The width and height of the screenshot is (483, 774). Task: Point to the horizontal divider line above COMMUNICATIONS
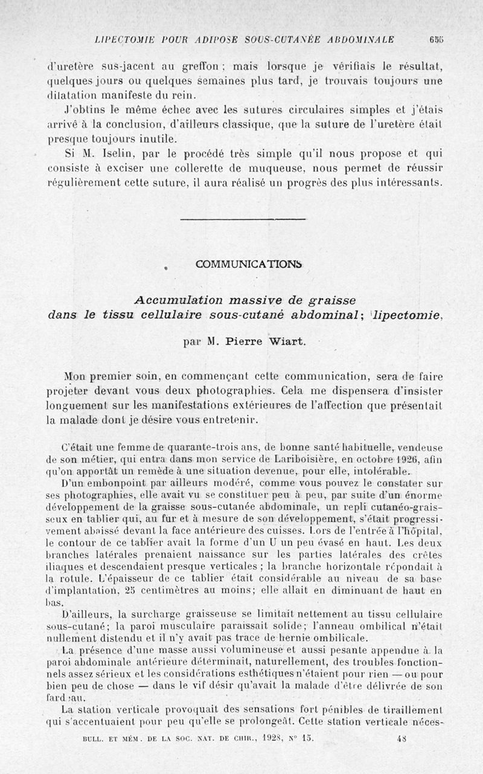[243, 219]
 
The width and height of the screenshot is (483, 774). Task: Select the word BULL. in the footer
[96, 738]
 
